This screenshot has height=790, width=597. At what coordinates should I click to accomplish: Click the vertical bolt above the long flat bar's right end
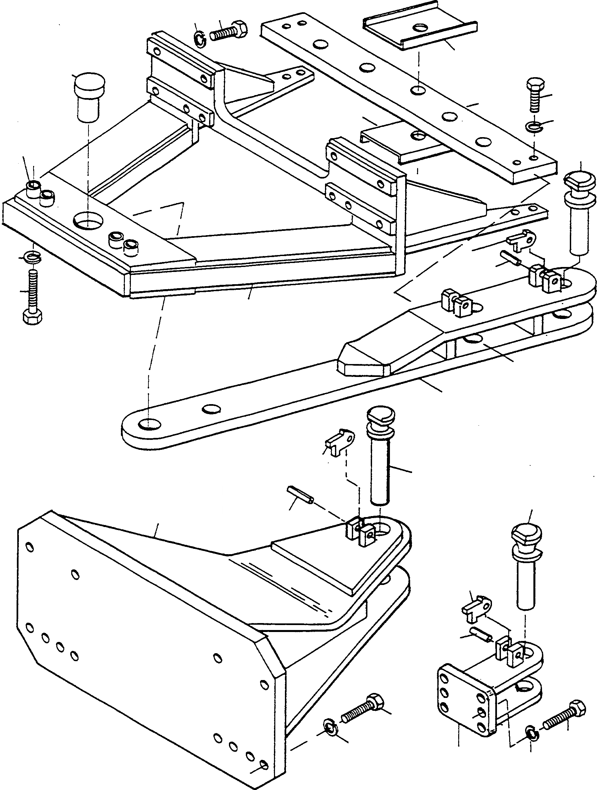tap(536, 94)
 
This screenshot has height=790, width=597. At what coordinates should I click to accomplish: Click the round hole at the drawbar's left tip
tap(149, 424)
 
